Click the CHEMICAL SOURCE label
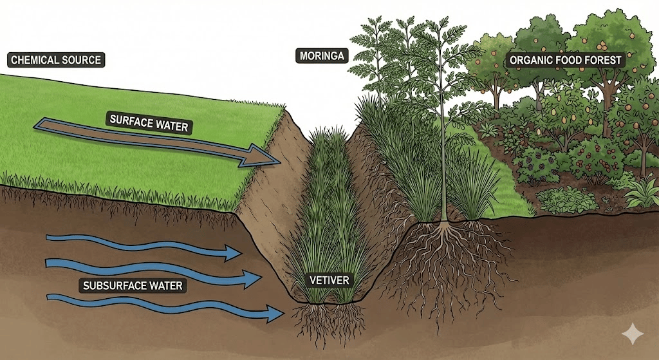[x=57, y=61]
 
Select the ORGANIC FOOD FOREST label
[x=566, y=61]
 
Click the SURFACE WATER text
[x=149, y=122]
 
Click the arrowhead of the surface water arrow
[x=265, y=156]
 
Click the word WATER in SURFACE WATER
[x=172, y=125]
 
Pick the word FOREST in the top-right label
[x=602, y=61]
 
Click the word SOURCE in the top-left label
[x=84, y=61]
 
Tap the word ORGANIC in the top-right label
[x=529, y=61]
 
